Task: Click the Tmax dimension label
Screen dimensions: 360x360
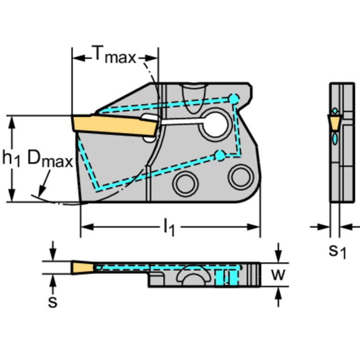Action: tap(114, 54)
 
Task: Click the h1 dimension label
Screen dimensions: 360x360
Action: tap(11, 158)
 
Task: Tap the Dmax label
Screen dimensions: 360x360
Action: tap(50, 158)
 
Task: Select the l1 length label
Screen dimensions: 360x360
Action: tap(169, 227)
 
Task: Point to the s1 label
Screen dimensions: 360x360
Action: tap(337, 251)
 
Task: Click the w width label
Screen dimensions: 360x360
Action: tap(278, 274)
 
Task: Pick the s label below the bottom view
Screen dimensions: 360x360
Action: tap(53, 302)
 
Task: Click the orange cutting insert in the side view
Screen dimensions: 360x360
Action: tap(115, 125)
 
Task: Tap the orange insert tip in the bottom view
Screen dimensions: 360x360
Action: tap(83, 268)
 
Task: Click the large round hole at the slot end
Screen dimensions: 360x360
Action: tap(215, 125)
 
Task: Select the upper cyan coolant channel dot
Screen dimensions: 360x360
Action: tap(234, 99)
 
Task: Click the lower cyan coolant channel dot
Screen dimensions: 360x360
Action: tap(220, 156)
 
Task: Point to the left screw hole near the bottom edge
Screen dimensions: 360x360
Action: tap(185, 184)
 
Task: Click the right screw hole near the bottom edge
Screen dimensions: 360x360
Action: tap(241, 177)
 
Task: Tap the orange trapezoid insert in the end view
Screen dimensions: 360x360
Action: tap(334, 123)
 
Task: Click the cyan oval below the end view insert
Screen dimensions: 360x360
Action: tap(335, 138)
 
